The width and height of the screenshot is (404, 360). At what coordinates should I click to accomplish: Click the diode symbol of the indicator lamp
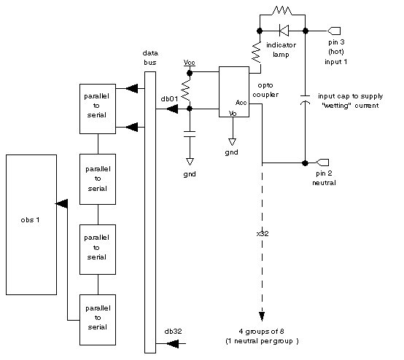pyautogui.click(x=284, y=31)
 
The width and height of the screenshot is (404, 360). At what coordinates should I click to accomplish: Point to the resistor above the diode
pyautogui.click(x=282, y=11)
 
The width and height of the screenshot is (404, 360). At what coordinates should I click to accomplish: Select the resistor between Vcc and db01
pyautogui.click(x=186, y=90)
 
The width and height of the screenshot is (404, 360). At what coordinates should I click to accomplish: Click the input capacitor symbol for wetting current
pyautogui.click(x=306, y=100)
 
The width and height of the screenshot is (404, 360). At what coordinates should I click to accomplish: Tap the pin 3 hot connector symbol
pyautogui.click(x=334, y=31)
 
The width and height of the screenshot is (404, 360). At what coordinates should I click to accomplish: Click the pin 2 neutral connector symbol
pyautogui.click(x=322, y=163)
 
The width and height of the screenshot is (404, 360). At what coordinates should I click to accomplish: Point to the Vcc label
pyautogui.click(x=190, y=63)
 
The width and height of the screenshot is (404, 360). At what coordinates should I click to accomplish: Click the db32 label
pyautogui.click(x=173, y=331)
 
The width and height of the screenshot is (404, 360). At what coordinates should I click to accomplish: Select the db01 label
pyautogui.click(x=169, y=99)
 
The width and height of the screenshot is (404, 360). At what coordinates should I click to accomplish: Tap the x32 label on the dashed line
pyautogui.click(x=263, y=233)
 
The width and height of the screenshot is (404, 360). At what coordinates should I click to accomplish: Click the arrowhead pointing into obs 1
pyautogui.click(x=62, y=204)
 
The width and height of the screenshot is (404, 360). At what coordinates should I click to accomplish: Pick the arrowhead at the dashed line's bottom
pyautogui.click(x=262, y=316)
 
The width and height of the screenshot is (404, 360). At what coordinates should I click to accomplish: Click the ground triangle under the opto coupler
pyautogui.click(x=232, y=142)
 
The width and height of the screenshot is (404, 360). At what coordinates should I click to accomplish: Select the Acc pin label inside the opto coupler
pyautogui.click(x=241, y=103)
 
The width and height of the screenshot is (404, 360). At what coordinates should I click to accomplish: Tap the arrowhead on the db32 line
pyautogui.click(x=173, y=343)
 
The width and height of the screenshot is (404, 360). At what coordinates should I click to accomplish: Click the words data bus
pyautogui.click(x=150, y=58)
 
